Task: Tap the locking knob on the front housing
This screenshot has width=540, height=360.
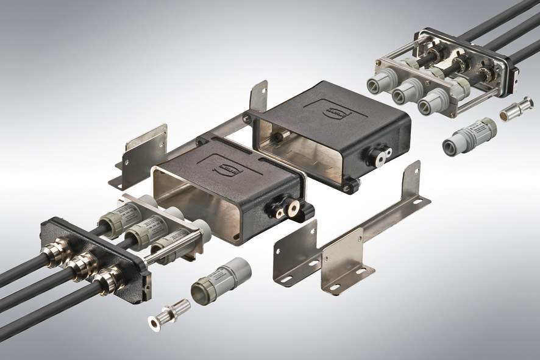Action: click(286, 210)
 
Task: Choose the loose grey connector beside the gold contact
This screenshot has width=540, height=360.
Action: click(469, 137)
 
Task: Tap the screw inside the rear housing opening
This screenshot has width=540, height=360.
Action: click(277, 138)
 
